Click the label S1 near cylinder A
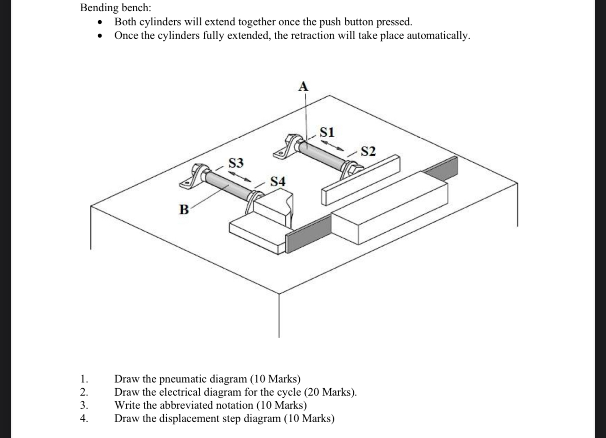pyautogui.click(x=327, y=132)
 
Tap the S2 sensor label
pyautogui.click(x=368, y=151)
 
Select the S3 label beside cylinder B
pyautogui.click(x=236, y=163)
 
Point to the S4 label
pyautogui.click(x=278, y=181)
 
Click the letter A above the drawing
pyautogui.click(x=303, y=86)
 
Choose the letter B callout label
pyautogui.click(x=184, y=210)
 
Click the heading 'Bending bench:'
pyautogui.click(x=116, y=8)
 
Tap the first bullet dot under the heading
pyautogui.click(x=99, y=22)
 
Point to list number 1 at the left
pyautogui.click(x=84, y=379)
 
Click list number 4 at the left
pyautogui.click(x=84, y=418)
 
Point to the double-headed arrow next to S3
pyautogui.click(x=240, y=176)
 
